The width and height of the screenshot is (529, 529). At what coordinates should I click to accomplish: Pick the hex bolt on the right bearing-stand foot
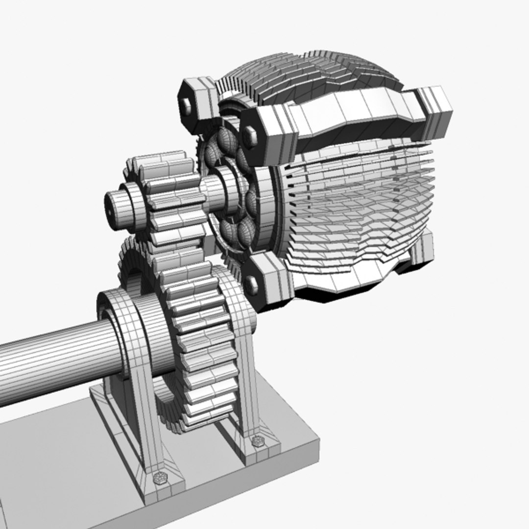tap(256, 441)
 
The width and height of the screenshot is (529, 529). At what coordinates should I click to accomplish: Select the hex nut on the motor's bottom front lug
tap(251, 285)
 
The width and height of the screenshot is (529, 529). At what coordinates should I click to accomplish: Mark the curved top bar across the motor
tap(353, 118)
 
